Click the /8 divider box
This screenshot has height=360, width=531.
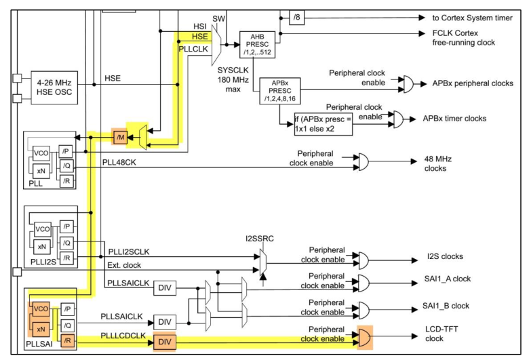297,18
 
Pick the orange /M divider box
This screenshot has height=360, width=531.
120,138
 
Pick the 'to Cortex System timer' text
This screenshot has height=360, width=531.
473,18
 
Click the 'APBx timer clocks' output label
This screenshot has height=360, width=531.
456,117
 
